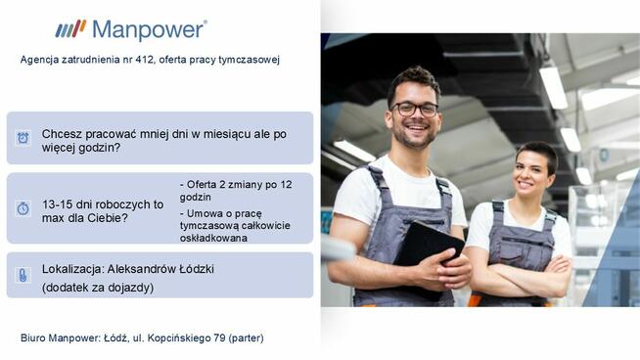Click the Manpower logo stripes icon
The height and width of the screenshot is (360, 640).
(x=70, y=28)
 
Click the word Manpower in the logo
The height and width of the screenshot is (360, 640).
(x=148, y=29)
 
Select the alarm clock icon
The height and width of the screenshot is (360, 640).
(x=23, y=138)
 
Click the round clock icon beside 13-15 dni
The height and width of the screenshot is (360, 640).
(x=23, y=208)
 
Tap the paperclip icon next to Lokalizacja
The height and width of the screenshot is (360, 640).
(x=23, y=275)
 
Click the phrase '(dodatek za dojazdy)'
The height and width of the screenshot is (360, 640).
(x=98, y=288)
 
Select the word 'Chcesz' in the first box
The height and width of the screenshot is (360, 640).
(x=62, y=133)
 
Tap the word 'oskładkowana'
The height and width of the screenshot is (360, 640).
(x=214, y=237)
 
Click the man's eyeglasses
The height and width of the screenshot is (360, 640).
(x=416, y=109)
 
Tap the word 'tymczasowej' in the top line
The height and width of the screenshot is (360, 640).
(x=251, y=60)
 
